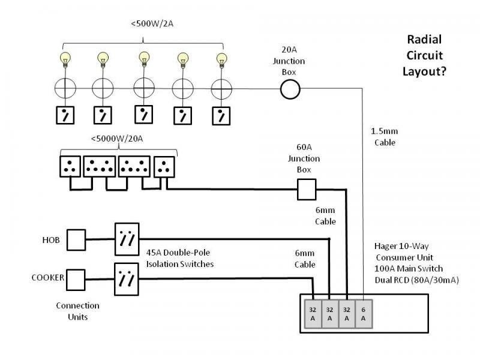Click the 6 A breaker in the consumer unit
(364, 314)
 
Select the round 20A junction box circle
(290, 89)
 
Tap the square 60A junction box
(307, 191)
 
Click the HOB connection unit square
(76, 239)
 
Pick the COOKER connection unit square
(76, 278)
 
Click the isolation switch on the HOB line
(127, 239)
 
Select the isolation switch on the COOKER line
(127, 278)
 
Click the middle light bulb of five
(144, 59)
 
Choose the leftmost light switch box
(65, 115)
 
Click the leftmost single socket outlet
(70, 166)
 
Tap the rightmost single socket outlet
(164, 166)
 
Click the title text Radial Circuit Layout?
(425, 55)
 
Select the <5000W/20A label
(118, 139)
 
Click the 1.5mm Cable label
(385, 137)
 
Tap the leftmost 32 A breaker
(313, 314)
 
